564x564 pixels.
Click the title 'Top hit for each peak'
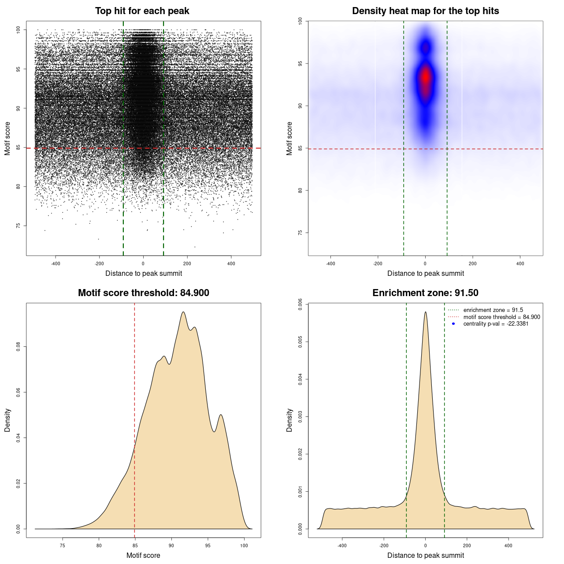142,11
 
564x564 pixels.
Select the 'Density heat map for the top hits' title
425,11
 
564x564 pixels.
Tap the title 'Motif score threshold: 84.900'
143,293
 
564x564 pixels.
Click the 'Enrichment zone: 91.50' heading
425,293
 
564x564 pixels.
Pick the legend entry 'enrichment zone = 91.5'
493,310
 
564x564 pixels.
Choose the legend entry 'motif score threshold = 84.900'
501,317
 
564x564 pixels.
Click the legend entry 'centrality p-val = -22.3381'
496,324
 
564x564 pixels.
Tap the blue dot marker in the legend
453,324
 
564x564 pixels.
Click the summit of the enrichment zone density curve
425,312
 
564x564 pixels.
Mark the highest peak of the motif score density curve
183,312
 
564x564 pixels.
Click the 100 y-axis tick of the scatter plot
18,30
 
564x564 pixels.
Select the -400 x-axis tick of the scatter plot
56,263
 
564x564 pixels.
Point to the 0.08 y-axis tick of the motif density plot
18,347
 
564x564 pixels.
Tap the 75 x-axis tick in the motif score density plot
63,545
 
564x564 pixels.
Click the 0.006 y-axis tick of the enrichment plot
300,304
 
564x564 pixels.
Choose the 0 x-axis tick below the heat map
425,263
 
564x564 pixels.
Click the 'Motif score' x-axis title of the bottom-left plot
143,555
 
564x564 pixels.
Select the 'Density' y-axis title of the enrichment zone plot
289,420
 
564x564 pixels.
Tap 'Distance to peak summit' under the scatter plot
144,273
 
